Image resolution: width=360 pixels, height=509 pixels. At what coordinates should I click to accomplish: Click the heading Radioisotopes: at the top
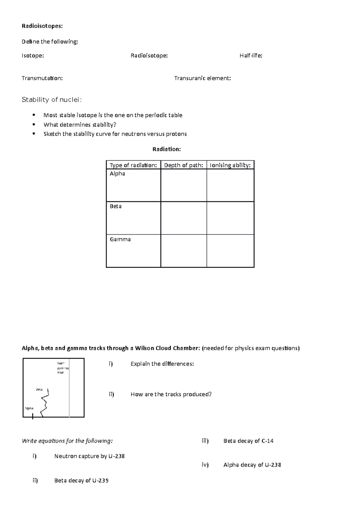42,26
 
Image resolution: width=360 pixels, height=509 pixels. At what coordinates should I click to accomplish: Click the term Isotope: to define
33,55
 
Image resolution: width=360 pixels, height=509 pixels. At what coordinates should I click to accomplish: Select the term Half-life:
251,55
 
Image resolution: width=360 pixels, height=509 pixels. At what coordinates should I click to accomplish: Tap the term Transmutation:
42,78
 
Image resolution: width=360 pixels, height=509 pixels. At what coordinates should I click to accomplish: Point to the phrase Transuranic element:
202,78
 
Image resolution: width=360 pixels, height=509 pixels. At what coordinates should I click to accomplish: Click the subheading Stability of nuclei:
52,100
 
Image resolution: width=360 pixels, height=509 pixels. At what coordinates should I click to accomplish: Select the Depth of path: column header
184,165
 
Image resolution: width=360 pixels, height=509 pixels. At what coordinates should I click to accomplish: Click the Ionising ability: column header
230,165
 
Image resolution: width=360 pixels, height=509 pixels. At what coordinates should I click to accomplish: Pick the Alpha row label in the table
117,174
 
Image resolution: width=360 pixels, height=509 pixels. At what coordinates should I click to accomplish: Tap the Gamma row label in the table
120,239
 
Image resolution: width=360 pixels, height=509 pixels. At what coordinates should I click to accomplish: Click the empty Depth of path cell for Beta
184,218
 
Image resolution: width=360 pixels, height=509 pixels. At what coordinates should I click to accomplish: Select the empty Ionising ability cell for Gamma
230,251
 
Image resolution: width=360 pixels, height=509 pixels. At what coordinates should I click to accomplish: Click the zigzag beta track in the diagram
45,402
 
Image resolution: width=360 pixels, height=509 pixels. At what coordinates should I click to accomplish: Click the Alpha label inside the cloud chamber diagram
29,408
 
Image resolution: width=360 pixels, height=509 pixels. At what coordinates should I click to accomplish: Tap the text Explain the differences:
162,364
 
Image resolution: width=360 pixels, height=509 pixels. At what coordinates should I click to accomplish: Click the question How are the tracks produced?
171,394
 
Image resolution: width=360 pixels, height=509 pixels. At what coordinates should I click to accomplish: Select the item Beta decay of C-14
248,441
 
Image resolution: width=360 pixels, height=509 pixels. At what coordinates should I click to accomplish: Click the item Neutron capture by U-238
89,456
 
